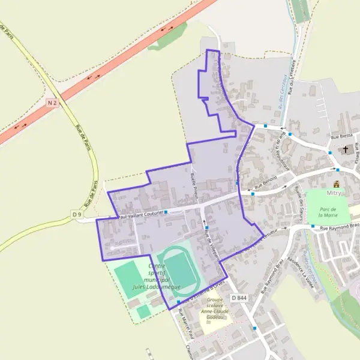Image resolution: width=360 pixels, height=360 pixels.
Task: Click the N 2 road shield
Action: pyautogui.click(x=52, y=103)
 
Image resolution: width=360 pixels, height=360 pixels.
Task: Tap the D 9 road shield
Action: pyautogui.click(x=76, y=214)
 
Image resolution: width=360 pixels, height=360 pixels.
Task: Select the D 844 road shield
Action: pyautogui.click(x=238, y=298)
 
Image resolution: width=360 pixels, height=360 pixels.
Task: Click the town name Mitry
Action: pyautogui.click(x=334, y=193)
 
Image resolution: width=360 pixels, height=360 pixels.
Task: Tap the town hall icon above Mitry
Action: pyautogui.click(x=336, y=184)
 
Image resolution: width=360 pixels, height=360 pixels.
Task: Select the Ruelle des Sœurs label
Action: pyautogui.click(x=299, y=201)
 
